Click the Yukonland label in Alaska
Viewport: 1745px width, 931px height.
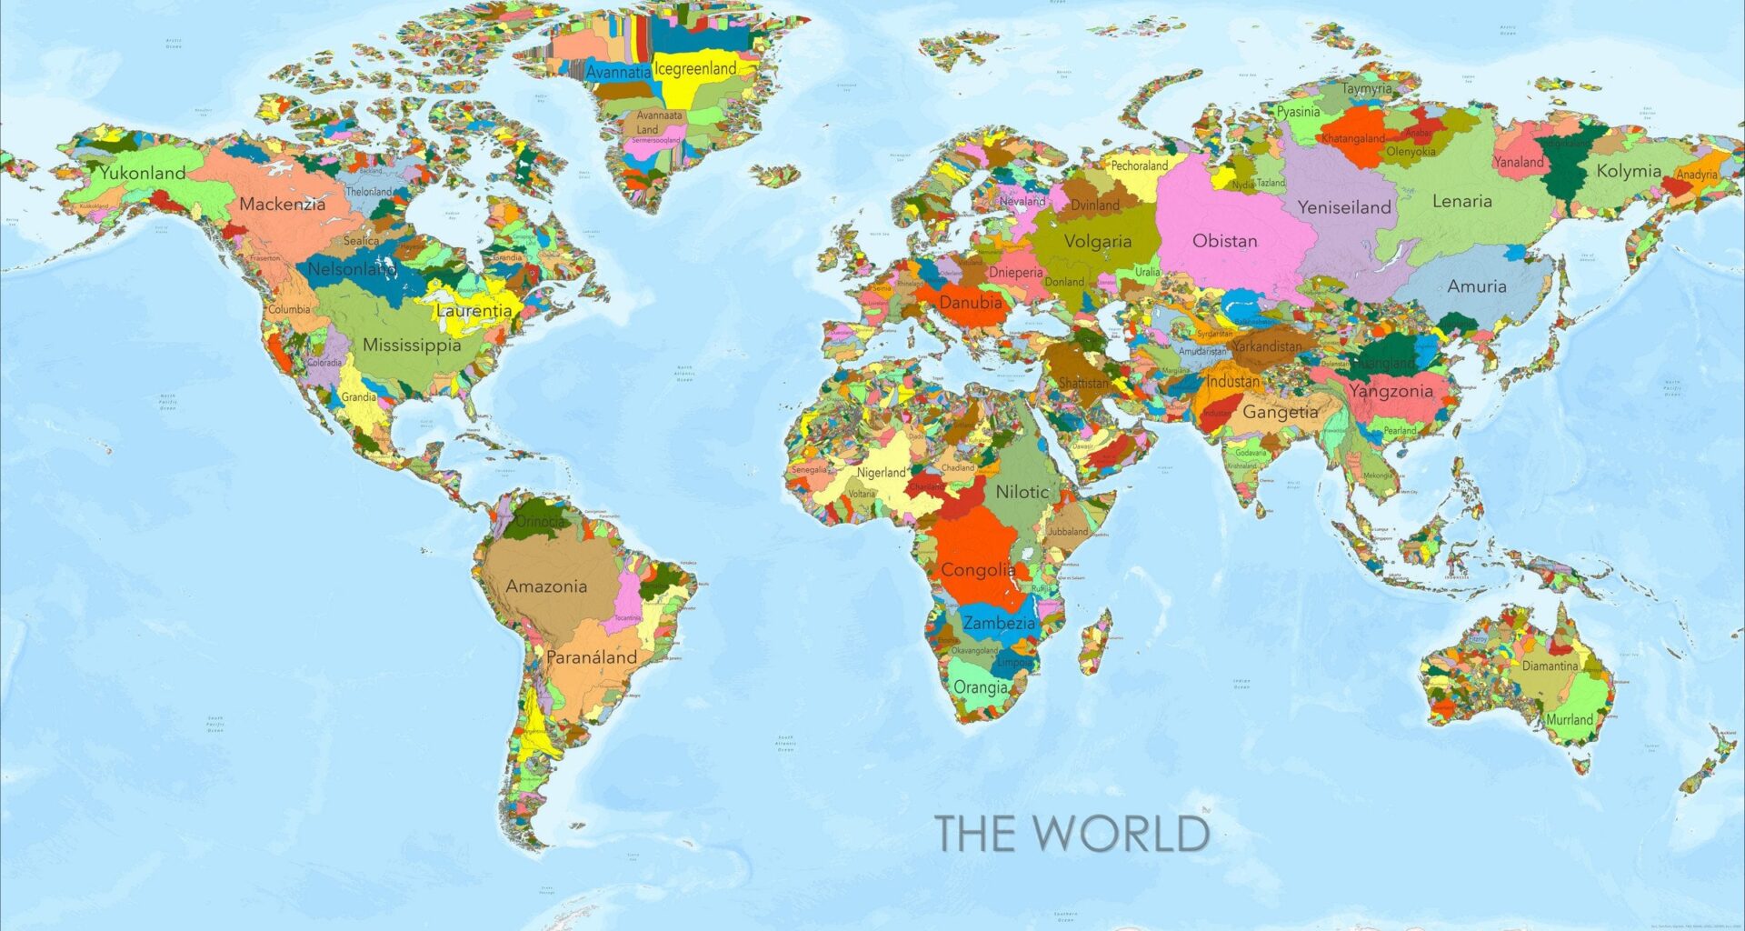[143, 173]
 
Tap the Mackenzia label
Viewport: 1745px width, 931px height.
[282, 205]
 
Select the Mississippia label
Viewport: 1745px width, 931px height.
[412, 345]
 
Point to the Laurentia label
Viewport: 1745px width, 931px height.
[474, 310]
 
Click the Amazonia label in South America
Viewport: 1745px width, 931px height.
[546, 586]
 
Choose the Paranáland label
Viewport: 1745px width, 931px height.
[592, 656]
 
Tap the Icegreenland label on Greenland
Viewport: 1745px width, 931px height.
[695, 69]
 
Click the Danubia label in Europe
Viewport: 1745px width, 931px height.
[971, 302]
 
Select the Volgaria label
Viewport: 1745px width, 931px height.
[1098, 242]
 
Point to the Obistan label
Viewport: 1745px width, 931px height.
[1225, 241]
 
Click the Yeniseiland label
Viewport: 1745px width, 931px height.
[1344, 207]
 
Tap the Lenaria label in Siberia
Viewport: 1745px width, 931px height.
[1462, 201]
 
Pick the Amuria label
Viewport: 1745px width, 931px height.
[1477, 286]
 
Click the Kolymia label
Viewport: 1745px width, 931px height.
[1629, 171]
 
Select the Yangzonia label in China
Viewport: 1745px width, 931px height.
[1391, 391]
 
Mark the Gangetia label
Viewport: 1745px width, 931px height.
[1281, 412]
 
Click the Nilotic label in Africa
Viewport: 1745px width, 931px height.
[1022, 492]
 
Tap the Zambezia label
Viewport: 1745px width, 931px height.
[999, 623]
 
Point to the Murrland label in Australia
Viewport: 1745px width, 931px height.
[1570, 719]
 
